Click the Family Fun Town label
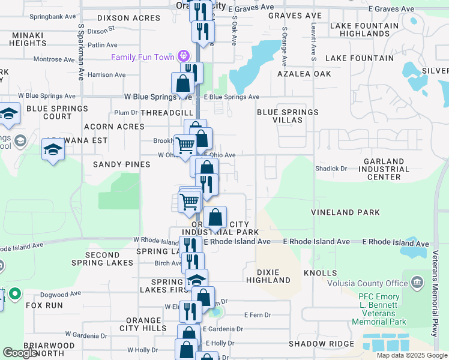pyautogui.click(x=141, y=57)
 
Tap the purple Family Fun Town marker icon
pyautogui.click(x=184, y=57)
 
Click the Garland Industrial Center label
pyautogui.click(x=377, y=169)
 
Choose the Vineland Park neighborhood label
pyautogui.click(x=345, y=212)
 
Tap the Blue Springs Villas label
pyautogui.click(x=288, y=116)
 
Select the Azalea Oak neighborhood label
pyautogui.click(x=304, y=74)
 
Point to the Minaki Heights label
pyautogui.click(x=28, y=39)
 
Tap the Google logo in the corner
pyautogui.click(x=20, y=353)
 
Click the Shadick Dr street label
pyautogui.click(x=331, y=169)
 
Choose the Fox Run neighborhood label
pyautogui.click(x=44, y=305)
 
